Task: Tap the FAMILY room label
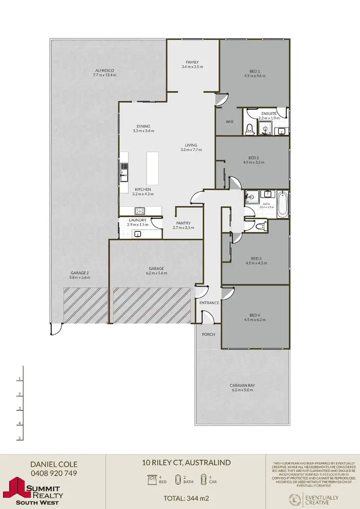coord(192,62)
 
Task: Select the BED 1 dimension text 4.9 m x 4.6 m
coord(254,76)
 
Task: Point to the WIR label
coord(229,122)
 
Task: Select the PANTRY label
coord(183,223)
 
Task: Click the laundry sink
coord(137,234)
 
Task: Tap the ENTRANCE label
coord(209,303)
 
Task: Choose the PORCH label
coord(208,334)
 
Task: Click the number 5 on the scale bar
coord(20,438)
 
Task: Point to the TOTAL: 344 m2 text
coord(186,498)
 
